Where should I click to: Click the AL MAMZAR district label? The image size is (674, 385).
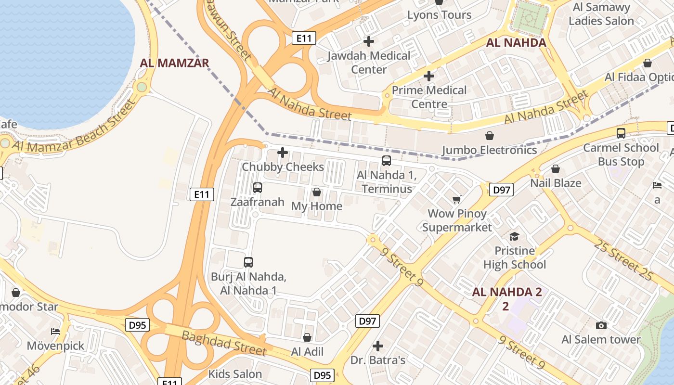click(174, 63)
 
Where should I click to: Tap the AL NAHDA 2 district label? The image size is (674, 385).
click(507, 292)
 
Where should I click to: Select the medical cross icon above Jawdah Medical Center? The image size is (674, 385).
click(369, 41)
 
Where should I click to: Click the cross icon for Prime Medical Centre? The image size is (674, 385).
click(429, 76)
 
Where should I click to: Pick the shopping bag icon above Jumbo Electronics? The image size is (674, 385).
click(490, 136)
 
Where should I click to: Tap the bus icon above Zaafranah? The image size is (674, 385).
click(258, 188)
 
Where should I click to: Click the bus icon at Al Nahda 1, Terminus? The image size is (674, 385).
click(386, 161)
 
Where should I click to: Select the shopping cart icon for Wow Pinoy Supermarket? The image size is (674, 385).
click(456, 199)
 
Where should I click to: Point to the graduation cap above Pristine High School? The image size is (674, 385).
click(514, 236)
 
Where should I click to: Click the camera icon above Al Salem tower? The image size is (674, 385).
click(601, 326)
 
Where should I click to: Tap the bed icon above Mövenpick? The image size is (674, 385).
click(55, 332)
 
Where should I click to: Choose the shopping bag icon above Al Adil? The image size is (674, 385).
click(307, 338)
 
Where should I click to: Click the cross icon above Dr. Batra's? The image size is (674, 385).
click(378, 346)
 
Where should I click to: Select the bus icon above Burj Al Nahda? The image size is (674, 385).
click(248, 262)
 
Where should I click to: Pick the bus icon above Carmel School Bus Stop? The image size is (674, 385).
click(621, 133)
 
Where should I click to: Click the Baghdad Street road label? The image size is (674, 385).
click(224, 343)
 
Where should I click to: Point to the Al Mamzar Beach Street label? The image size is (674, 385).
click(72, 128)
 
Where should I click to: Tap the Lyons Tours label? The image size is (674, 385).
click(439, 15)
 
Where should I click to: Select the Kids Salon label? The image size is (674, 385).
click(235, 374)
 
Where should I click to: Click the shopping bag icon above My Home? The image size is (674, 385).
click(317, 192)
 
